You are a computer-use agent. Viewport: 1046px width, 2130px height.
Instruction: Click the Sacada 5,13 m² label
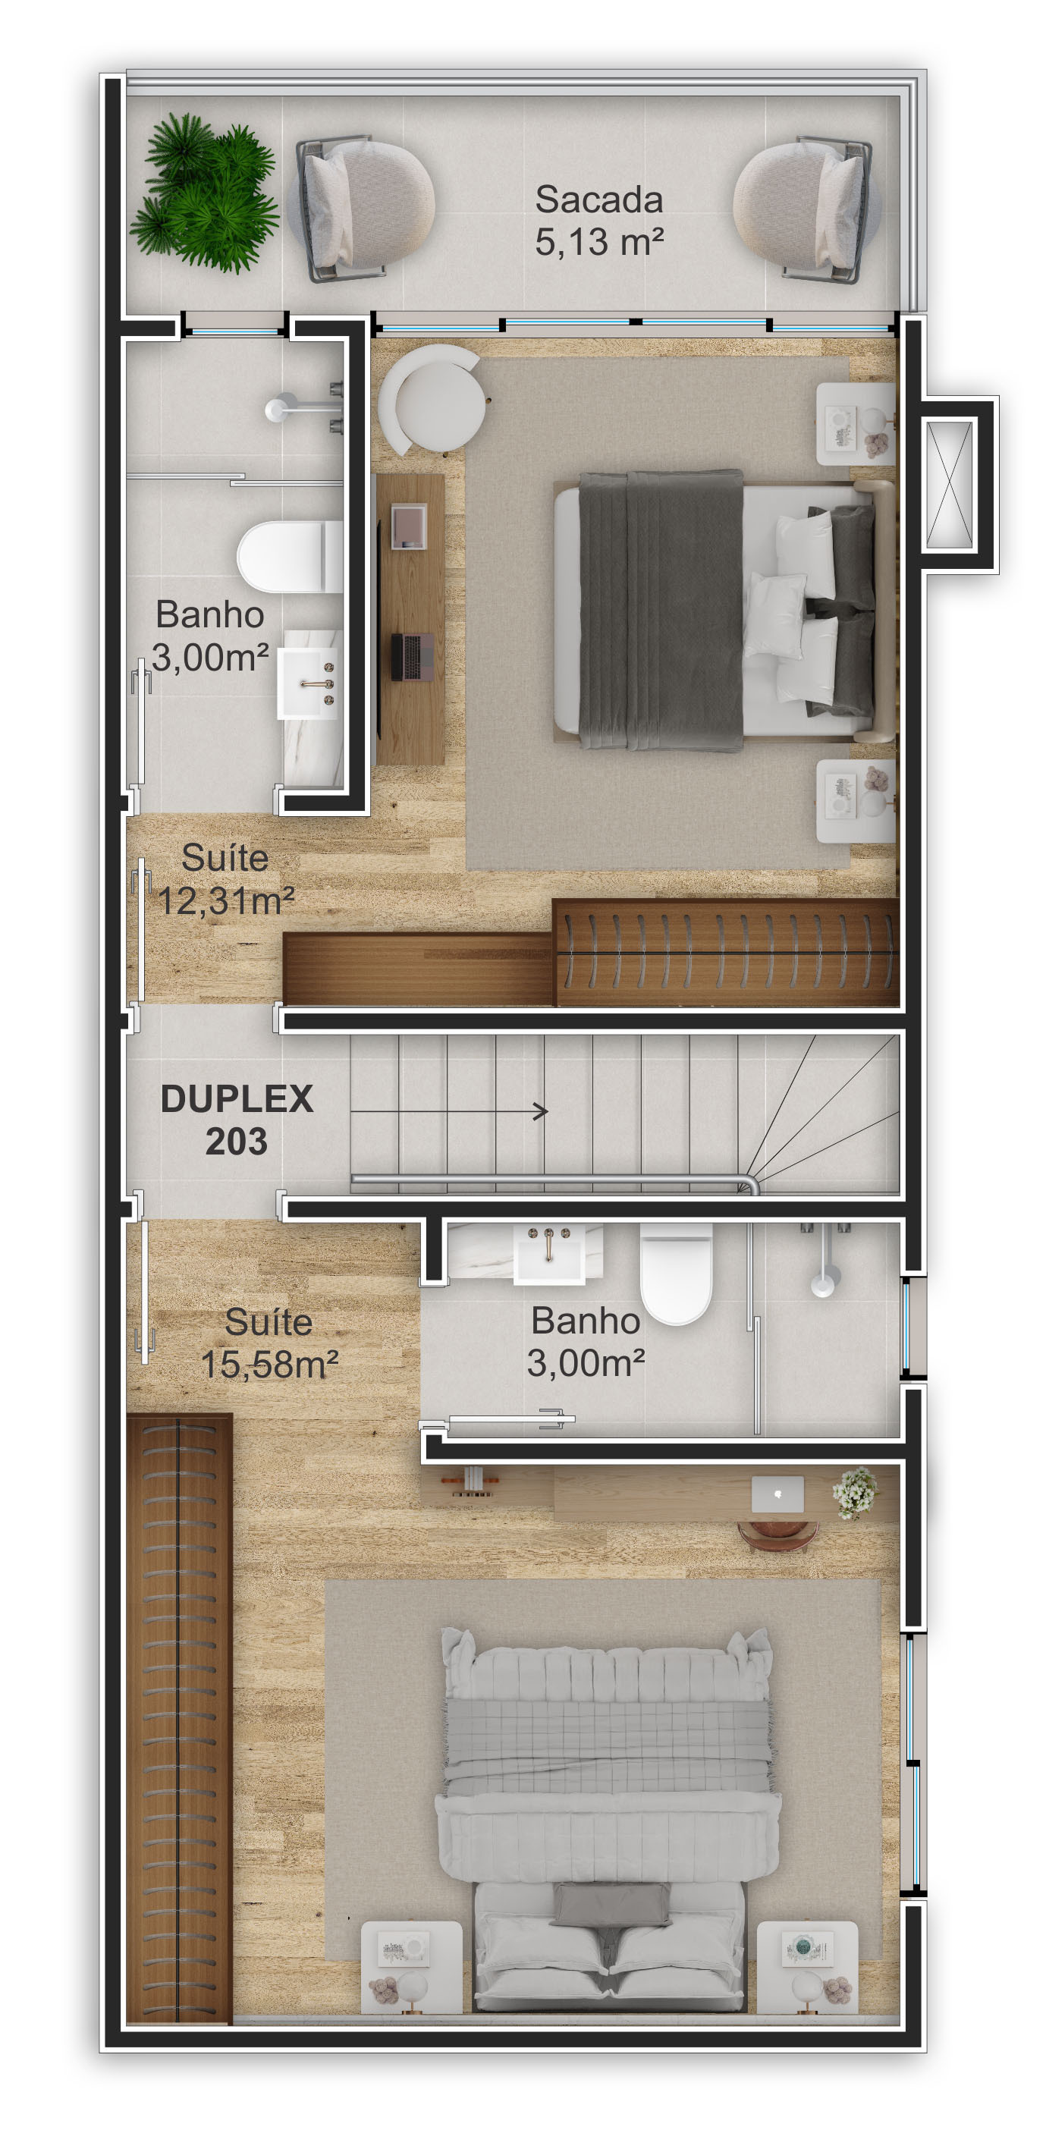[598, 220]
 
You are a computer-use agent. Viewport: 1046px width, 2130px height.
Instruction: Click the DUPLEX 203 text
[237, 1120]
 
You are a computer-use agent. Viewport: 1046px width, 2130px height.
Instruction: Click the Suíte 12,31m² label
[225, 879]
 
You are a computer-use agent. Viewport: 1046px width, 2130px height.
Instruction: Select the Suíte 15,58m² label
[269, 1343]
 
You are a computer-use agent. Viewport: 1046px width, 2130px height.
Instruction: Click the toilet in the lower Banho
[677, 1273]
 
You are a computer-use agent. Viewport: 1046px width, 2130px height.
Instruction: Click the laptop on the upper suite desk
[412, 655]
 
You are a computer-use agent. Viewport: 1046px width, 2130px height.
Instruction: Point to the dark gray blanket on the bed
[660, 610]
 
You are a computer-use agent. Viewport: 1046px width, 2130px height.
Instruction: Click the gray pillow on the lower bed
[612, 1903]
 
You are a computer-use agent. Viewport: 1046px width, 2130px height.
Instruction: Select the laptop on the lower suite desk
[777, 1494]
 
